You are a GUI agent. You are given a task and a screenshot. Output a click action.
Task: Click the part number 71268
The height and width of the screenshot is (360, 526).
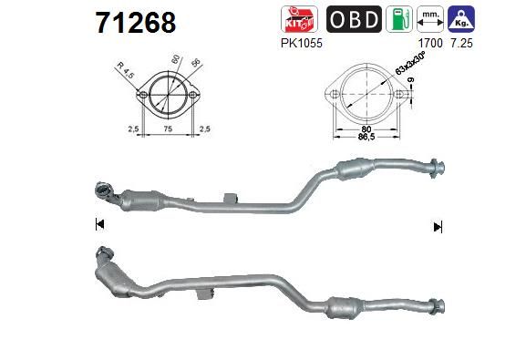click(136, 23)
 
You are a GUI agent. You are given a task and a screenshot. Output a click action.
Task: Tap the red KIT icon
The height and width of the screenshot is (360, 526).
click(299, 19)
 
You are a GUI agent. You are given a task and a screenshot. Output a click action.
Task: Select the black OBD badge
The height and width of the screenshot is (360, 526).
click(354, 19)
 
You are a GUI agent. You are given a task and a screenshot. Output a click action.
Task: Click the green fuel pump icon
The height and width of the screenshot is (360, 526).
click(399, 19)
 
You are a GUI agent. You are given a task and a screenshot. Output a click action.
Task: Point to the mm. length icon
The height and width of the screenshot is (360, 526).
click(430, 19)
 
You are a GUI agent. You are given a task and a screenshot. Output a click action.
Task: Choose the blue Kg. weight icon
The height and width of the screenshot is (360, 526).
click(461, 19)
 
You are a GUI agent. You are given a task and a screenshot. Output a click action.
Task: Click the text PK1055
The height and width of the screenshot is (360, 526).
click(301, 43)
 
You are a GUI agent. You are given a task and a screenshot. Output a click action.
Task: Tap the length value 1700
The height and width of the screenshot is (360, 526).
click(430, 43)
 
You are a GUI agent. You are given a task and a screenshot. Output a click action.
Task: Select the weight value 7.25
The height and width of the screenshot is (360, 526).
click(461, 43)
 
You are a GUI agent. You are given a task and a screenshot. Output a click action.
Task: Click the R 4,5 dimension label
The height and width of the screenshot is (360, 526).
click(126, 70)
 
